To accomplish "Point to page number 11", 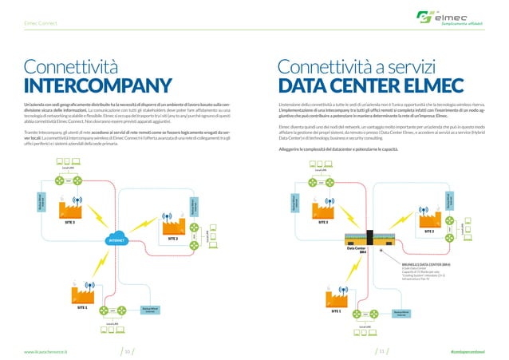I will pyautogui.click(x=382, y=350).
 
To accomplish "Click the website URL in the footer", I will pyautogui.click(x=45, y=350).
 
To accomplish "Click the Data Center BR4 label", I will pyautogui.click(x=356, y=251).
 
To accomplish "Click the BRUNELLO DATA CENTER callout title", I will pyautogui.click(x=432, y=261).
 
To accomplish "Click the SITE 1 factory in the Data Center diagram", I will pyautogui.click(x=336, y=297).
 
